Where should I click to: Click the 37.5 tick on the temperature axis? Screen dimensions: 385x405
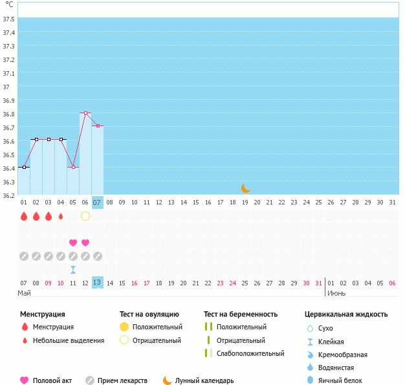pyautogui.click(x=9, y=19)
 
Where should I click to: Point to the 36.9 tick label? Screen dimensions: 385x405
pyautogui.click(x=9, y=100)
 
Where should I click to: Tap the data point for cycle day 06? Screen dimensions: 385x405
pyautogui.click(x=85, y=113)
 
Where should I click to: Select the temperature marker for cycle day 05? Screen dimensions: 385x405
pyautogui.click(x=73, y=167)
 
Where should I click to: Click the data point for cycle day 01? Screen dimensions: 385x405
pyautogui.click(x=24, y=167)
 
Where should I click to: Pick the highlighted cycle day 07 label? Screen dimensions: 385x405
pyautogui.click(x=98, y=203)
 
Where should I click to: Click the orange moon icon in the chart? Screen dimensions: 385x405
pyautogui.click(x=245, y=188)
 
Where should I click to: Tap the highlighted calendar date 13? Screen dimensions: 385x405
pyautogui.click(x=98, y=283)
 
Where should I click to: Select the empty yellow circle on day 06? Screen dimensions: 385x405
pyautogui.click(x=85, y=216)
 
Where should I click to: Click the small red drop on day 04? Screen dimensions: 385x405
pyautogui.click(x=61, y=216)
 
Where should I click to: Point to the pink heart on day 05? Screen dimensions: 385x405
pyautogui.click(x=73, y=243)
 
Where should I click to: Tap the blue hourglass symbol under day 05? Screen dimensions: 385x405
pyautogui.click(x=73, y=269)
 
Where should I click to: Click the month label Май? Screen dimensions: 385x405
pyautogui.click(x=24, y=294)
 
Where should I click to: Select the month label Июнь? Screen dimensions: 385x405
pyautogui.click(x=336, y=294)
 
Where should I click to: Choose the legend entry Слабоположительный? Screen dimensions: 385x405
pyautogui.click(x=250, y=353)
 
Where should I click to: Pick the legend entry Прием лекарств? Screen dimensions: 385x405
pyautogui.click(x=122, y=380)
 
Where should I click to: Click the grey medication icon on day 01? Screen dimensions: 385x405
pyautogui.click(x=24, y=256)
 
